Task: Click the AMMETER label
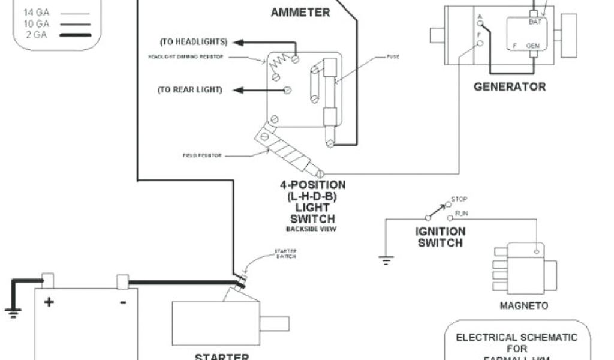[300, 12]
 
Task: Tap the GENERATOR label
[510, 86]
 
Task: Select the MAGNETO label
[524, 306]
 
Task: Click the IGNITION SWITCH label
[441, 237]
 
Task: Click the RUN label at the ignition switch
[462, 214]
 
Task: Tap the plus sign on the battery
[48, 302]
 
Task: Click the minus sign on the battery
[122, 302]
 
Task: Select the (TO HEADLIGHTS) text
[193, 42]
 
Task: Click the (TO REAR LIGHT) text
[189, 90]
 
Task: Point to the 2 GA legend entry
[36, 35]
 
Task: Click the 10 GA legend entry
[36, 23]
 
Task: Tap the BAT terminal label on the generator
[535, 22]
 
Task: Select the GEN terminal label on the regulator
[532, 46]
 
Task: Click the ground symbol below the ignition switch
[386, 260]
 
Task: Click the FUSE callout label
[393, 57]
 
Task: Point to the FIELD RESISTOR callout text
[202, 155]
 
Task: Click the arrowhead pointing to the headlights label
[238, 42]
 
